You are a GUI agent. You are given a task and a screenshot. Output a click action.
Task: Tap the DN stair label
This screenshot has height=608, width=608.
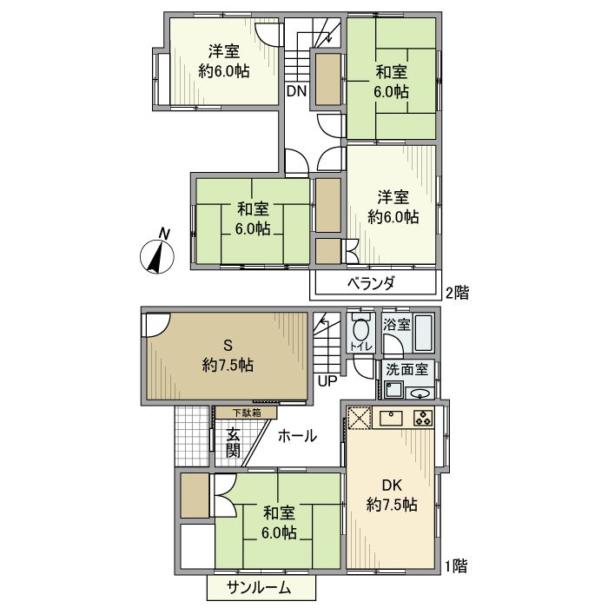click(297, 91)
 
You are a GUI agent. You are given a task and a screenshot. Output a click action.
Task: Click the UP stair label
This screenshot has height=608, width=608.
click(327, 381)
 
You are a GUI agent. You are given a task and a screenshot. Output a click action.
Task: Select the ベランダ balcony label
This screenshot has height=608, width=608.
click(371, 284)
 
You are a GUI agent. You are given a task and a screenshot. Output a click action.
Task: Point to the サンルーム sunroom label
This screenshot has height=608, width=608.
click(259, 588)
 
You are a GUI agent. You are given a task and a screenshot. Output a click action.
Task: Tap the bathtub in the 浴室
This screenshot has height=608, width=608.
click(424, 333)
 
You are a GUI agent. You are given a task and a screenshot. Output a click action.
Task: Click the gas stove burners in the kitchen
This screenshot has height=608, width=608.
click(423, 418)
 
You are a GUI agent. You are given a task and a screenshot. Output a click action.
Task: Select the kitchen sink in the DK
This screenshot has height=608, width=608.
click(391, 418)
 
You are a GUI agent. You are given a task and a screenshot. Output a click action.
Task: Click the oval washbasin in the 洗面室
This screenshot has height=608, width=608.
click(420, 394)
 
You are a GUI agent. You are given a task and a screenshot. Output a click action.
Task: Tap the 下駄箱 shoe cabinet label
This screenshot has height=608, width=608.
click(247, 413)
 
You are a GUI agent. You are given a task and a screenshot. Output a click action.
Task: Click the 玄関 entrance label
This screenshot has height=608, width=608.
click(233, 443)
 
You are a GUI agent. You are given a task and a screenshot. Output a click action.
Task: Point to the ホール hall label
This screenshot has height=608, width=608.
click(297, 436)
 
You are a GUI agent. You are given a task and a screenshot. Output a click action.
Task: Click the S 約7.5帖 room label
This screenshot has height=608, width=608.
click(228, 354)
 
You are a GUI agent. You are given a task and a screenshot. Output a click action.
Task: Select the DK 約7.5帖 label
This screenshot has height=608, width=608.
click(392, 495)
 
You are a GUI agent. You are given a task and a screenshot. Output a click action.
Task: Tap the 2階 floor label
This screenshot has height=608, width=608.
click(458, 293)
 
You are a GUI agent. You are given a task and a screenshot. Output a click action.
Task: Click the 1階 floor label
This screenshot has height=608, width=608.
click(456, 566)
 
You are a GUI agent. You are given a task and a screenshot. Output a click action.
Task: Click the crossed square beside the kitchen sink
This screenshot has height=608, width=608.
click(359, 418)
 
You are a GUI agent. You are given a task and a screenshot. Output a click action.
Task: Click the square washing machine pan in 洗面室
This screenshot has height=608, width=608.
click(394, 389)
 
